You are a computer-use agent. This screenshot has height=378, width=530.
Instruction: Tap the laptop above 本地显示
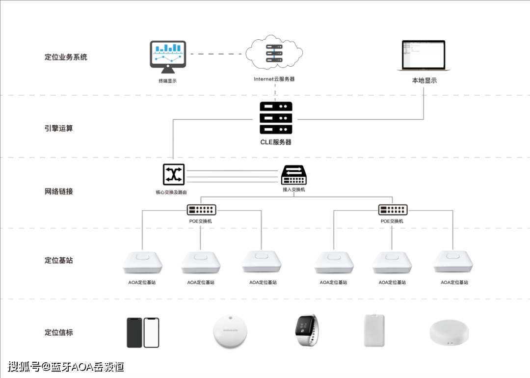tap(424, 56)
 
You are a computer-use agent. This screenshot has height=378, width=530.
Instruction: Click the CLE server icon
tap(276, 118)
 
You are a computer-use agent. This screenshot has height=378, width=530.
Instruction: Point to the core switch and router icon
tap(174, 175)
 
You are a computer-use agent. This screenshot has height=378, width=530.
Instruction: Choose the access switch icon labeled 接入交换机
tap(294, 175)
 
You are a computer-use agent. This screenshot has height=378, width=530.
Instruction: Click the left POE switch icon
tap(201, 210)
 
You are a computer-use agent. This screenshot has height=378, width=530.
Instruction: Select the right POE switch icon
tap(393, 210)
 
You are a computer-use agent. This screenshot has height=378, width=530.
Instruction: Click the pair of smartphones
tap(143, 332)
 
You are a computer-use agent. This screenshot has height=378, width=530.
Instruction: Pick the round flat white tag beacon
tap(231, 331)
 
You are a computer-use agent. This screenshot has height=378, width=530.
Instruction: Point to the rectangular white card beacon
tap(374, 331)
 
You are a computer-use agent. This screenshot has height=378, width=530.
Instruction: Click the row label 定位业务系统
tap(66, 57)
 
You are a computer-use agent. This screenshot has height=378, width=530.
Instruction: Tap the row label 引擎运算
tap(59, 129)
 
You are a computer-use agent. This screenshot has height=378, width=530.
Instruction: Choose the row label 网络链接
tap(59, 191)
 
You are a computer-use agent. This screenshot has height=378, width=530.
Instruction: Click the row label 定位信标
tap(59, 332)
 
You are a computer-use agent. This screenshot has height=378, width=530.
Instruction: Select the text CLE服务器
tap(276, 142)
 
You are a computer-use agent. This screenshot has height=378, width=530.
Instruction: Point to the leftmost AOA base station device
tap(142, 263)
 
